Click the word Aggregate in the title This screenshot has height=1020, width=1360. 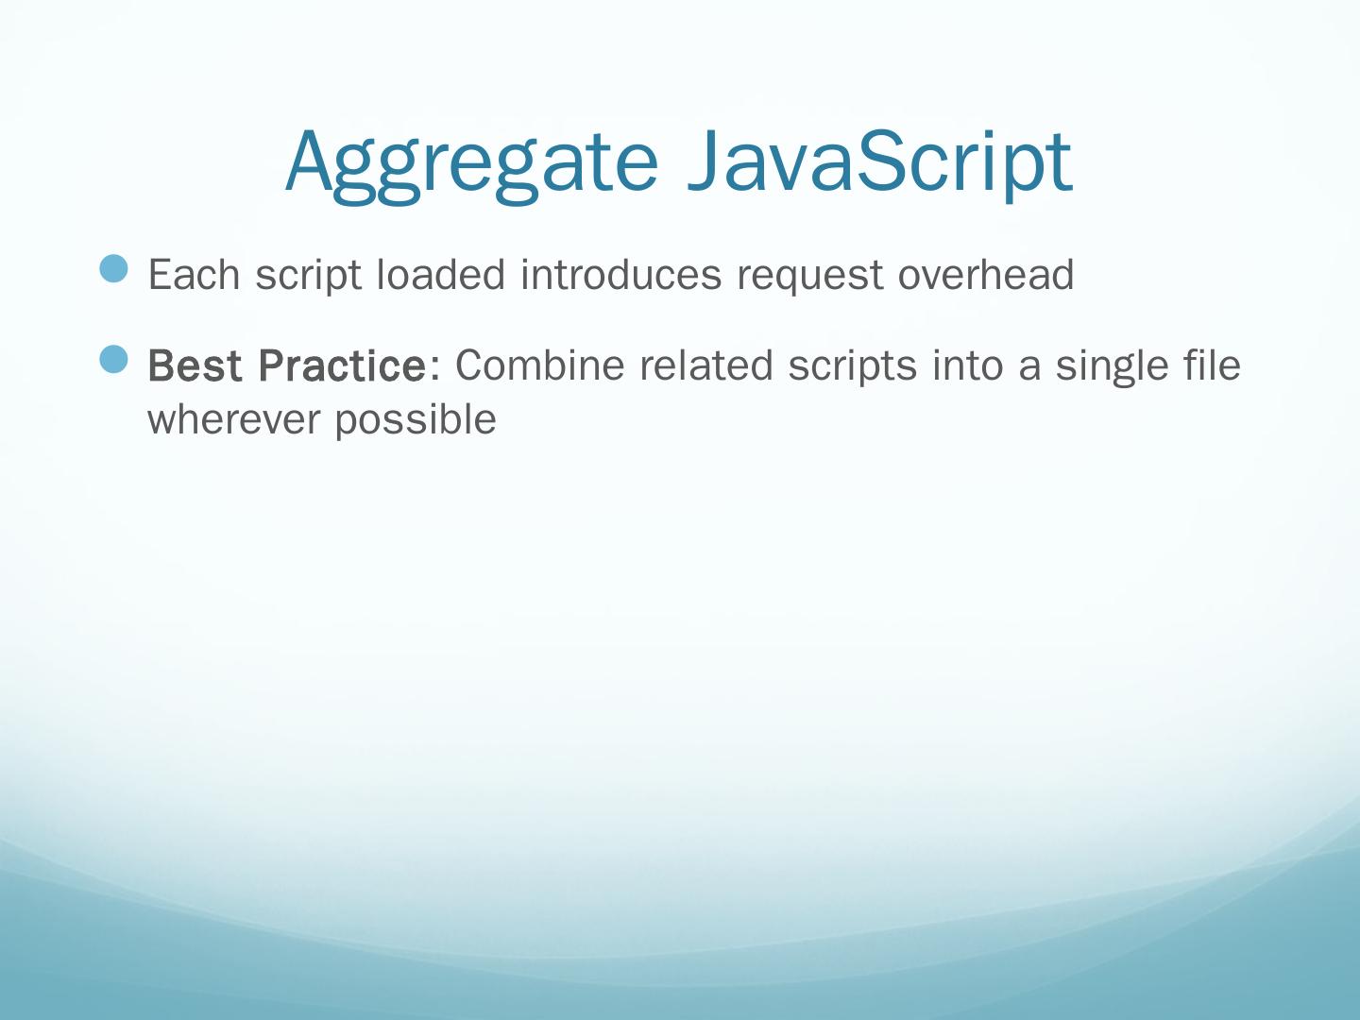click(x=471, y=165)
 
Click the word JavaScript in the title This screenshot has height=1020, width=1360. click(x=880, y=165)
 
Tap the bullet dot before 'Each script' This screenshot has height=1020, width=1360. click(x=113, y=268)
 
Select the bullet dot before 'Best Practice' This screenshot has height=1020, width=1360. click(x=113, y=359)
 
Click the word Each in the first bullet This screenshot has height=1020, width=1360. click(x=194, y=274)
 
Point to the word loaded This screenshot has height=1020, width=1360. click(x=441, y=274)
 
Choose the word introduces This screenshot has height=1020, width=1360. click(x=620, y=274)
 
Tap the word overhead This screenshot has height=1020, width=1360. click(x=986, y=274)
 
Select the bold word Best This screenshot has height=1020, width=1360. click(x=195, y=365)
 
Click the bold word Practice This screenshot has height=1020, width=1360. click(x=342, y=365)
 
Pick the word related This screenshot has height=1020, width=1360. click(x=706, y=365)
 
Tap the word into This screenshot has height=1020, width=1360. click(x=967, y=365)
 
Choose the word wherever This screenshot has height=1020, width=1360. click(x=233, y=419)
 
